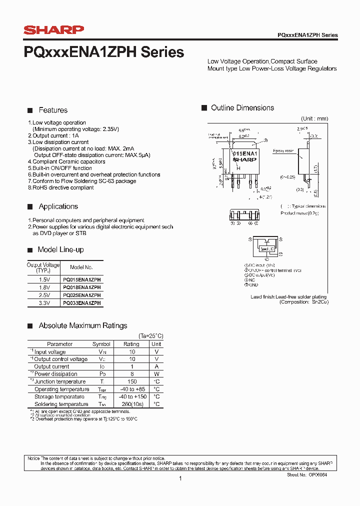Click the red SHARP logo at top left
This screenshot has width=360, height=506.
tap(53, 30)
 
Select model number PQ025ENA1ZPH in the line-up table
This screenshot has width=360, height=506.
tap(81, 295)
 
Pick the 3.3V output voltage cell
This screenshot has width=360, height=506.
tap(43, 303)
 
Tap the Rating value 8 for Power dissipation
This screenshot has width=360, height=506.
tap(132, 374)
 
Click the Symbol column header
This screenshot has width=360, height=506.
tap(101, 344)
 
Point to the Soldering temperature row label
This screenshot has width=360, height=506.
tap(61, 404)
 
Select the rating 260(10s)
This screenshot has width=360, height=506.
tap(132, 404)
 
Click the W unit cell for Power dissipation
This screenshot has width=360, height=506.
tap(156, 374)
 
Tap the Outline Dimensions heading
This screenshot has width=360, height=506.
tap(242, 108)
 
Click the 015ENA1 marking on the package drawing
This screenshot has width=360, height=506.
tap(245, 153)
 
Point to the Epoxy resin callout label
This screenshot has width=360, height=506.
tap(283, 150)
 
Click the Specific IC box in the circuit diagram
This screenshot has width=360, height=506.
tap(266, 248)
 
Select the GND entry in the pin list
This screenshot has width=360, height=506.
tap(253, 284)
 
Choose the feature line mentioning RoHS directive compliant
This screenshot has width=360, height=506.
tap(62, 187)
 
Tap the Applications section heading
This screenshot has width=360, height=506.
tap(58, 206)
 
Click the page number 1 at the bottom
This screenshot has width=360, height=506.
tap(180, 478)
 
